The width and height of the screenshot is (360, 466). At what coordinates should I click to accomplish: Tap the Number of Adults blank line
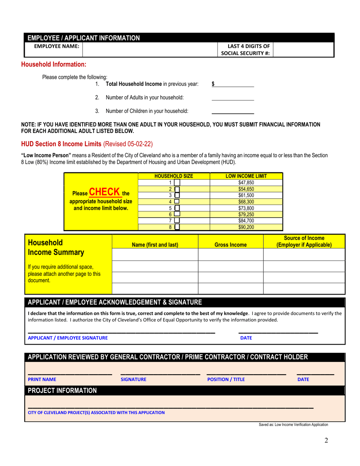[232, 97]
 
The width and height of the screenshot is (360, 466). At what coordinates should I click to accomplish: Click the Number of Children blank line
[232, 111]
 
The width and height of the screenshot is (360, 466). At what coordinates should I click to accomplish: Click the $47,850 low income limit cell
[246, 182]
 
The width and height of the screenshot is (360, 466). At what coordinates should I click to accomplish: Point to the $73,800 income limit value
[246, 208]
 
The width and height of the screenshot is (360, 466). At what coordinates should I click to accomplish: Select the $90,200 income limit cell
[246, 228]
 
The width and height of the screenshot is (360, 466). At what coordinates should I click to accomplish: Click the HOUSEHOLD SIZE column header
[174, 176]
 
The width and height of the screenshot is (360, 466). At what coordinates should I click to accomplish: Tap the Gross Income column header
[231, 245]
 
